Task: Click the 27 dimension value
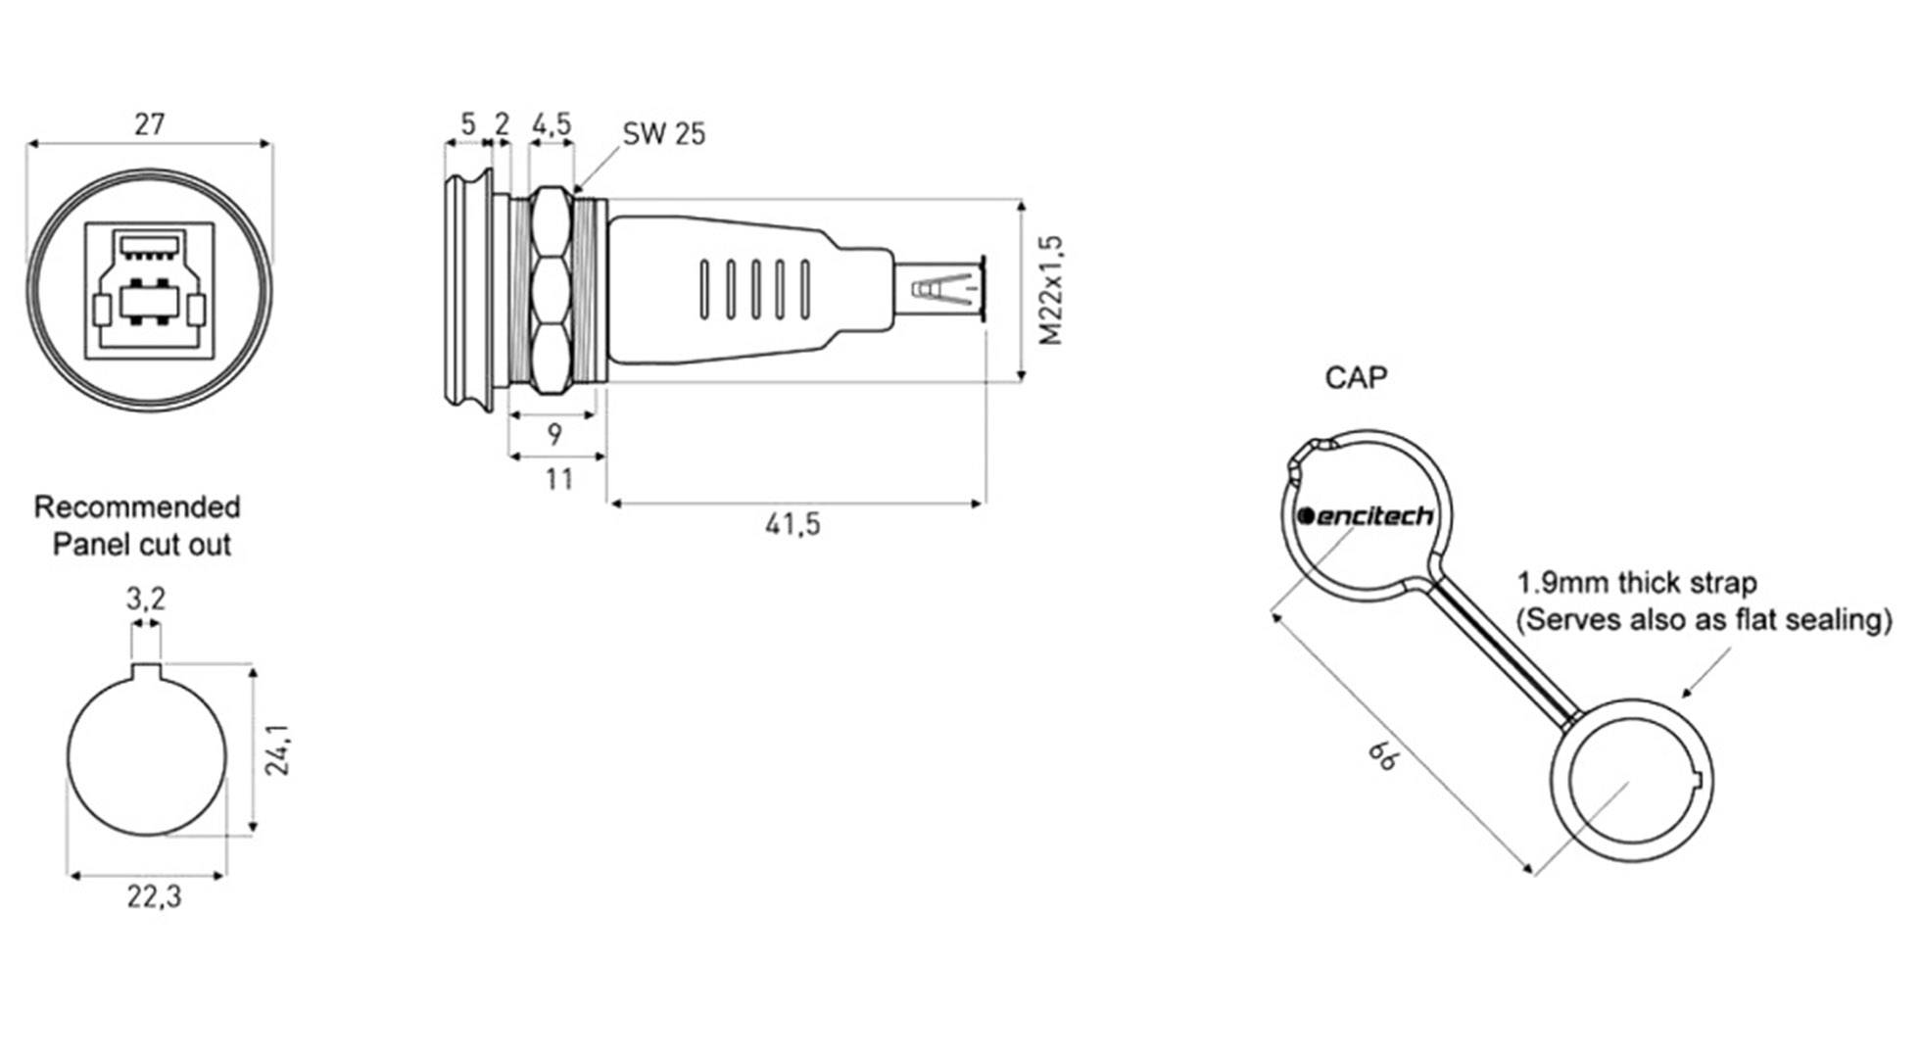point(149,124)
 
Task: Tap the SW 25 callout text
point(663,133)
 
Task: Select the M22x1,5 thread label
point(1051,290)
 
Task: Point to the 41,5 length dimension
point(792,525)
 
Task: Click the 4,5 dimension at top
point(552,124)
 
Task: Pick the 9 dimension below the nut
point(554,434)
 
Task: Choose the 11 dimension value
point(558,479)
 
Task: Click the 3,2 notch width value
point(146,599)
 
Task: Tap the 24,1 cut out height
point(277,750)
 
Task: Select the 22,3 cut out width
point(154,896)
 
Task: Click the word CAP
point(1356,378)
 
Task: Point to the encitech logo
point(1366,516)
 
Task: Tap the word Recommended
point(137,507)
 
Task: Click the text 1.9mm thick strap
point(1637,584)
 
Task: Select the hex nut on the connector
point(551,290)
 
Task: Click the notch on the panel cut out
point(146,670)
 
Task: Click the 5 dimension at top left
point(468,124)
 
